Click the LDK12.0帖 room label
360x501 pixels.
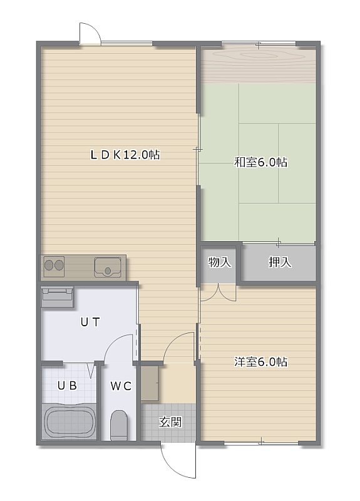coord(125,155)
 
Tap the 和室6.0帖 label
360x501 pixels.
coord(260,162)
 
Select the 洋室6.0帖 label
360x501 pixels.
coord(260,362)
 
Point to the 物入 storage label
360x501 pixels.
coord(220,262)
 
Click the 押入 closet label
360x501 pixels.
coord(280,262)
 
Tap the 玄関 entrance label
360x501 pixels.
coord(170,422)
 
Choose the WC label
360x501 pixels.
coord(121,386)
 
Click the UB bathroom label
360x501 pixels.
coord(68,386)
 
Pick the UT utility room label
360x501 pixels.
coord(90,322)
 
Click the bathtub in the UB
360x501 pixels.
coord(70,421)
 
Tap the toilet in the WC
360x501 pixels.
coord(119,425)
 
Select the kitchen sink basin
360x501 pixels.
coord(108,267)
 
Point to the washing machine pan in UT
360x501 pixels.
coord(57,297)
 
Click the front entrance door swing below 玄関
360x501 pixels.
coord(178,460)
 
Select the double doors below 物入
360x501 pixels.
coord(219,292)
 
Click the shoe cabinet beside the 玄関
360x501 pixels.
coord(150,383)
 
